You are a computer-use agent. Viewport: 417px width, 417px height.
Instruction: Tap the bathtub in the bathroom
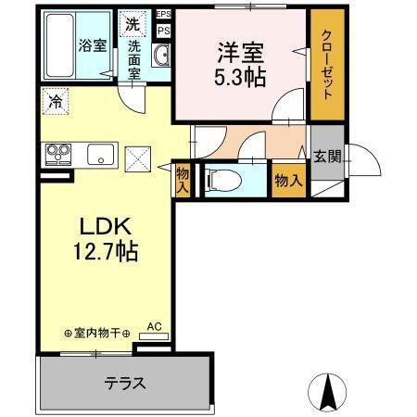pos(65,44)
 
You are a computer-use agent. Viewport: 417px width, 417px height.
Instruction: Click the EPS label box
pos(163,14)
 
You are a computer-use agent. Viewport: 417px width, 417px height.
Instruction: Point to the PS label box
pos(163,30)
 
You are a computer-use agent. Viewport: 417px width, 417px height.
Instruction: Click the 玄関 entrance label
pos(325,156)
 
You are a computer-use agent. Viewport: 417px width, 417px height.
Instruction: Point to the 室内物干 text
pos(96,333)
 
